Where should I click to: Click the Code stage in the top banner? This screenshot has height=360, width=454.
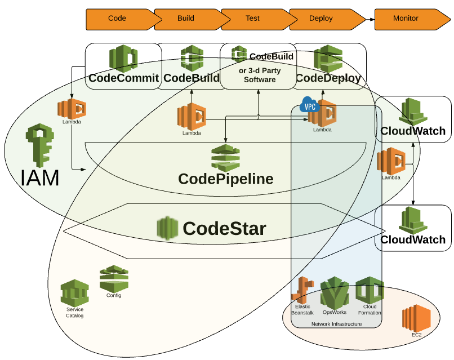(x=117, y=19)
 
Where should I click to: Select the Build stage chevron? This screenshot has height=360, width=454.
(x=185, y=19)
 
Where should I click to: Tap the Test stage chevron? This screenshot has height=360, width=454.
(x=252, y=19)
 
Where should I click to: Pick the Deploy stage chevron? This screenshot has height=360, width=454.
(x=321, y=19)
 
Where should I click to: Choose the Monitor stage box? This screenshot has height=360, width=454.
(x=406, y=19)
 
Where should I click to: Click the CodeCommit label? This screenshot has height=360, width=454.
(x=123, y=78)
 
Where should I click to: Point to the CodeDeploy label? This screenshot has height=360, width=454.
(x=328, y=78)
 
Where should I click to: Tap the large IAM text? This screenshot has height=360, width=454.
(x=40, y=178)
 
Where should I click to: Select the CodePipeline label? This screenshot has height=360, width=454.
(x=225, y=179)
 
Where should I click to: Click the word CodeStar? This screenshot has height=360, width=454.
(x=224, y=228)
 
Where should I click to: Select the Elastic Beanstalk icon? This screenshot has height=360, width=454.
(x=301, y=291)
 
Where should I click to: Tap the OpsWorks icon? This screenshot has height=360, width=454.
(x=334, y=292)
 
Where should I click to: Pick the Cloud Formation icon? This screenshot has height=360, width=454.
(x=370, y=290)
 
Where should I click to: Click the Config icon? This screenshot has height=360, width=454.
(x=114, y=278)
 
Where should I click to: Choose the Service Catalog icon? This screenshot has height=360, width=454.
(x=75, y=292)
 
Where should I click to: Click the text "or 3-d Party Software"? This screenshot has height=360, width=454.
(x=260, y=75)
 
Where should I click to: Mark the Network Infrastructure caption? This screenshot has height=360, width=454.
(x=336, y=324)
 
